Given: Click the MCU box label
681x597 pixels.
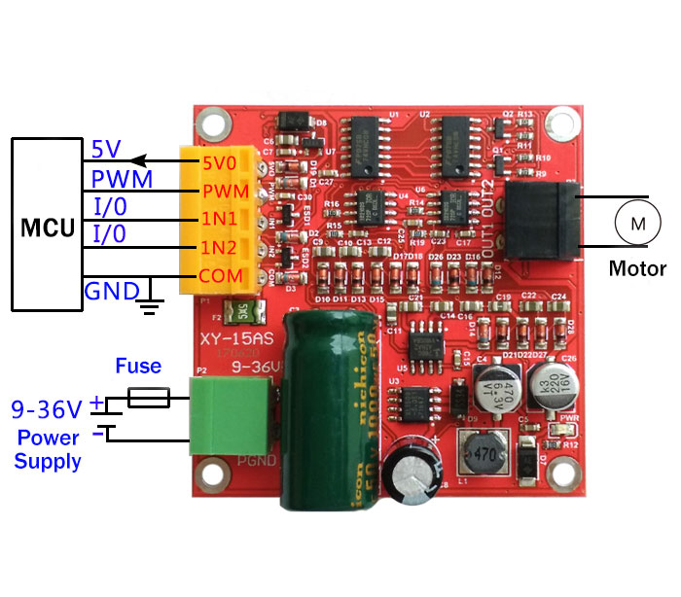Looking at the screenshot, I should coord(48,229).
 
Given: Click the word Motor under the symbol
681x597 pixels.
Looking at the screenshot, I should coord(637,269).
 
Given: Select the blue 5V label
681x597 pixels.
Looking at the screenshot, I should coord(106,150).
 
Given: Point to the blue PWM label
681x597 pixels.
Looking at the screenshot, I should coord(122,180).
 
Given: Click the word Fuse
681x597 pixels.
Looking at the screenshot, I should coord(138,367).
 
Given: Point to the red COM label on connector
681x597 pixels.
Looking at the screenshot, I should coord(219,277).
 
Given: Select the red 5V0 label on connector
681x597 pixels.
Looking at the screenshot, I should coord(219,160).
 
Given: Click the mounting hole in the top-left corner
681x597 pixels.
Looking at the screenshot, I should coord(209,123).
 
